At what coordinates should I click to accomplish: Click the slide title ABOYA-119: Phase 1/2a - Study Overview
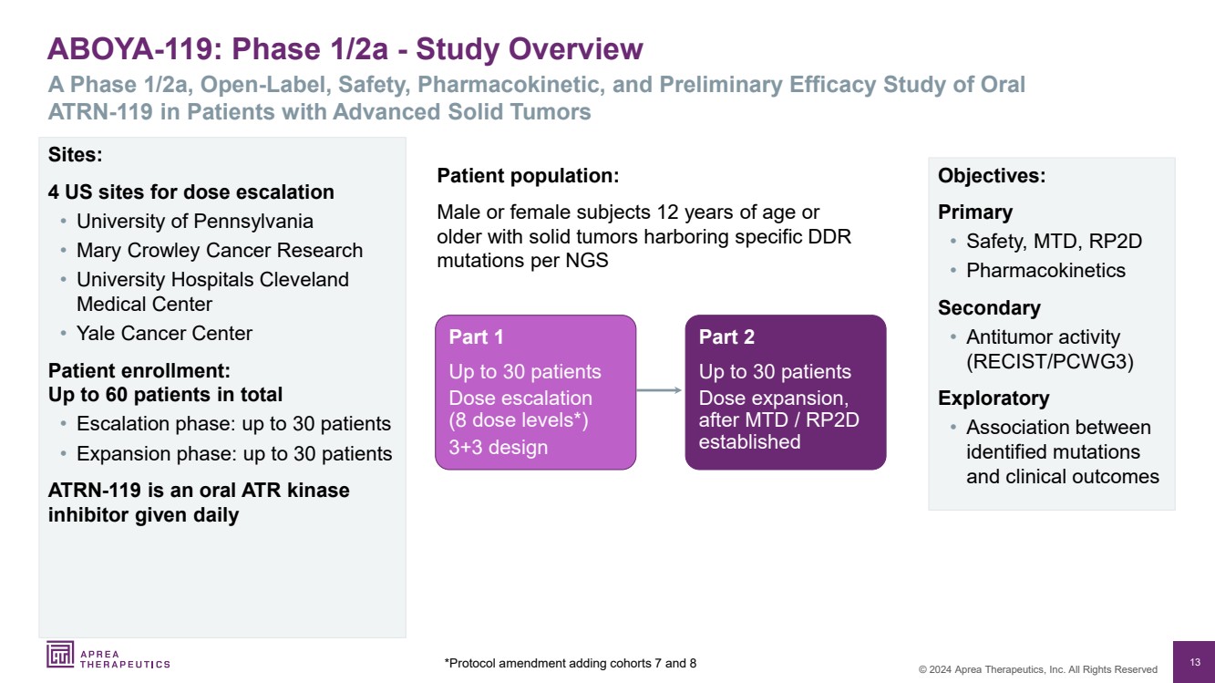pyautogui.click(x=345, y=49)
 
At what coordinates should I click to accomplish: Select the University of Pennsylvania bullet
pyautogui.click(x=194, y=222)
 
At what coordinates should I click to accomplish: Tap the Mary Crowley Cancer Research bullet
pyautogui.click(x=219, y=251)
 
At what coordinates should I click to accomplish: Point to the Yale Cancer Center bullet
pyautogui.click(x=164, y=334)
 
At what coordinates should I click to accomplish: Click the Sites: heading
pyautogui.click(x=75, y=155)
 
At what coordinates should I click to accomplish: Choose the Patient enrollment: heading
pyautogui.click(x=139, y=372)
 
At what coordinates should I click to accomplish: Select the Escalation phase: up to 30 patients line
pyautogui.click(x=233, y=424)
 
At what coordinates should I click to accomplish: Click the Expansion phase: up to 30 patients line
pyautogui.click(x=234, y=453)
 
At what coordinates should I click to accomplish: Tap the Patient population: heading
pyautogui.click(x=528, y=176)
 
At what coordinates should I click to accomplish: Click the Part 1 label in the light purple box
pyautogui.click(x=476, y=337)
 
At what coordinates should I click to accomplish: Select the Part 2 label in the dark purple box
pyautogui.click(x=726, y=337)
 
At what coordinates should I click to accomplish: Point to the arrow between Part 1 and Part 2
pyautogui.click(x=660, y=390)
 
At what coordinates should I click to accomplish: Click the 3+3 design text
pyautogui.click(x=498, y=448)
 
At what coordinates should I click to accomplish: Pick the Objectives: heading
pyautogui.click(x=992, y=176)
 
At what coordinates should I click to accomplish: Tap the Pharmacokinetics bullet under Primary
pyautogui.click(x=1045, y=271)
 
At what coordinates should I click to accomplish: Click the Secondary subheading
pyautogui.click(x=989, y=308)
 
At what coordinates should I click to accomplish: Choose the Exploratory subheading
pyautogui.click(x=994, y=398)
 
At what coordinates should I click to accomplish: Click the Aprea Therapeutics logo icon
pyautogui.click(x=61, y=655)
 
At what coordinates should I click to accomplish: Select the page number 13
pyautogui.click(x=1195, y=662)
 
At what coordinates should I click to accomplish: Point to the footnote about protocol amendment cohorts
pyautogui.click(x=571, y=663)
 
